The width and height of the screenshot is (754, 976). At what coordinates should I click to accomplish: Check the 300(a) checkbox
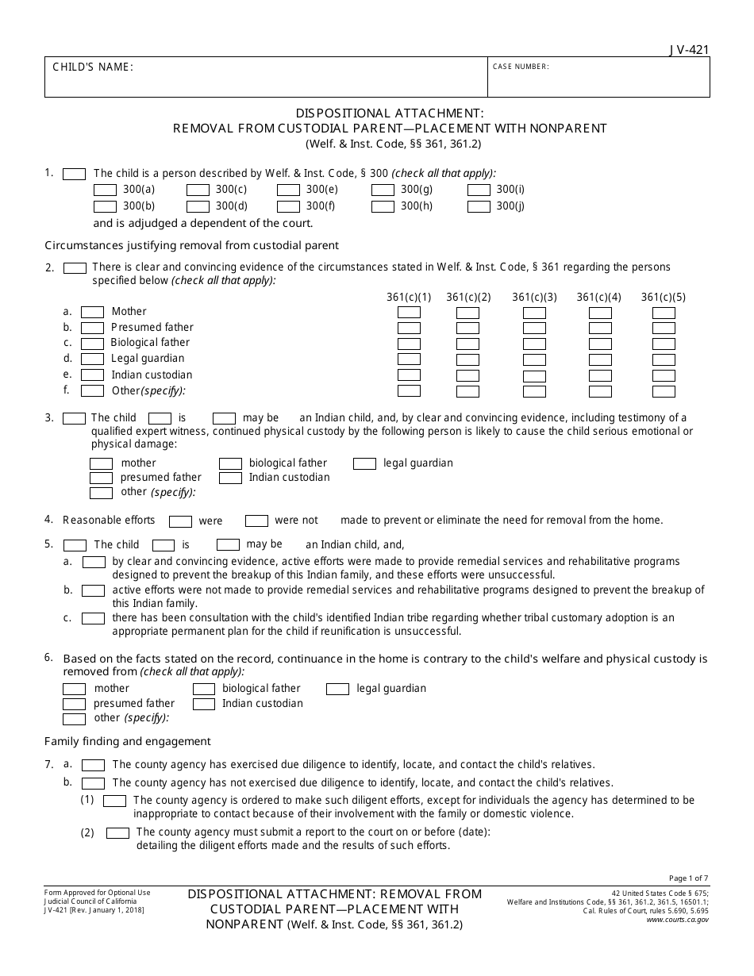(x=105, y=190)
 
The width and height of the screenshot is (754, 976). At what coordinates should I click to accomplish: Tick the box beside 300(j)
(x=479, y=207)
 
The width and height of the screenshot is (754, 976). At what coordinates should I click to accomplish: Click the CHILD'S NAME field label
(x=93, y=67)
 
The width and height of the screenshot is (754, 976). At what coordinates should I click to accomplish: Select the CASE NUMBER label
(x=521, y=67)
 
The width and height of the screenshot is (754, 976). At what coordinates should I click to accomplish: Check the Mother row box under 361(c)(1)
(x=409, y=312)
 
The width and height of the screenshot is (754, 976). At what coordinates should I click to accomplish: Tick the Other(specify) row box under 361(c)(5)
(x=664, y=391)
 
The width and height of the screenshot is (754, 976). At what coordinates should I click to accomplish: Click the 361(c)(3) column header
(x=534, y=298)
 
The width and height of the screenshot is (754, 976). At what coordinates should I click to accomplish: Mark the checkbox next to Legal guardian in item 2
(x=93, y=359)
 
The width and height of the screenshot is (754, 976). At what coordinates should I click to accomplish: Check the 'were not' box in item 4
(x=256, y=521)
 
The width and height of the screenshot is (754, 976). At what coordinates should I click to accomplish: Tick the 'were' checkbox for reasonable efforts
(x=181, y=521)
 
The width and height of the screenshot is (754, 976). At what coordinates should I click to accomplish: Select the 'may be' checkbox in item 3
(x=225, y=418)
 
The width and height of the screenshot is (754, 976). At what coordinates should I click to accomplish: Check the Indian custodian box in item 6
(x=204, y=704)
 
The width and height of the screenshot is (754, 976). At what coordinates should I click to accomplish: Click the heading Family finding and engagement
(x=128, y=741)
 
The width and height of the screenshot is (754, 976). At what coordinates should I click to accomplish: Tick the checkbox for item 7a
(x=94, y=765)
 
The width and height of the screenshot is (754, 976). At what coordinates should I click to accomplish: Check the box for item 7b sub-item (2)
(x=117, y=833)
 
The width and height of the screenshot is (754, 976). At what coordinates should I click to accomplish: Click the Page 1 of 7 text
(x=689, y=878)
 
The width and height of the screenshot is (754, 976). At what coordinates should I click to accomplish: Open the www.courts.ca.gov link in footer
(x=677, y=919)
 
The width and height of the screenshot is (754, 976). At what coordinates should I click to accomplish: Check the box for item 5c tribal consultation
(x=94, y=618)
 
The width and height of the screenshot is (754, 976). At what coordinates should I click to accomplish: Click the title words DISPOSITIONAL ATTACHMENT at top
(x=378, y=113)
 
